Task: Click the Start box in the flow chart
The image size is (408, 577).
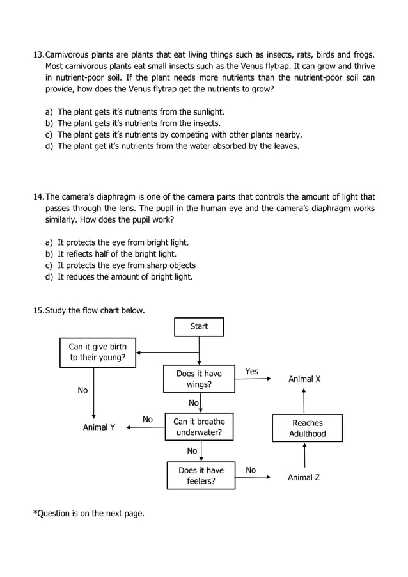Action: click(x=199, y=327)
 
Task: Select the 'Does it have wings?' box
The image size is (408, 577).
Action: click(x=199, y=379)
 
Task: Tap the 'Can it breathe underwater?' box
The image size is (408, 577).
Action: click(x=199, y=427)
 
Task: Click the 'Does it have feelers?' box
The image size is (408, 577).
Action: click(x=201, y=475)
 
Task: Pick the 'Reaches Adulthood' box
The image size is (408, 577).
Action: click(x=307, y=428)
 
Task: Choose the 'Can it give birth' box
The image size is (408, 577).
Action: click(x=98, y=352)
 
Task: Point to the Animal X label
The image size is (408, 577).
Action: click(x=304, y=379)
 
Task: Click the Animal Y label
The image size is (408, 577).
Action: click(x=99, y=427)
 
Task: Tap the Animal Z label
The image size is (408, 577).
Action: click(x=303, y=477)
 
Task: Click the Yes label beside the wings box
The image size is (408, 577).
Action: click(x=252, y=372)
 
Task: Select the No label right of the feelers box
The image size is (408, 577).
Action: click(x=251, y=470)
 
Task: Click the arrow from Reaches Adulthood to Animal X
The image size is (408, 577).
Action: click(x=304, y=401)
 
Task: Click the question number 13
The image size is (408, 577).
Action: click(x=38, y=55)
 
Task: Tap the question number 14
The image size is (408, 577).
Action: click(x=38, y=197)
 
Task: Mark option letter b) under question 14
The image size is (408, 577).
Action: click(x=49, y=254)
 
